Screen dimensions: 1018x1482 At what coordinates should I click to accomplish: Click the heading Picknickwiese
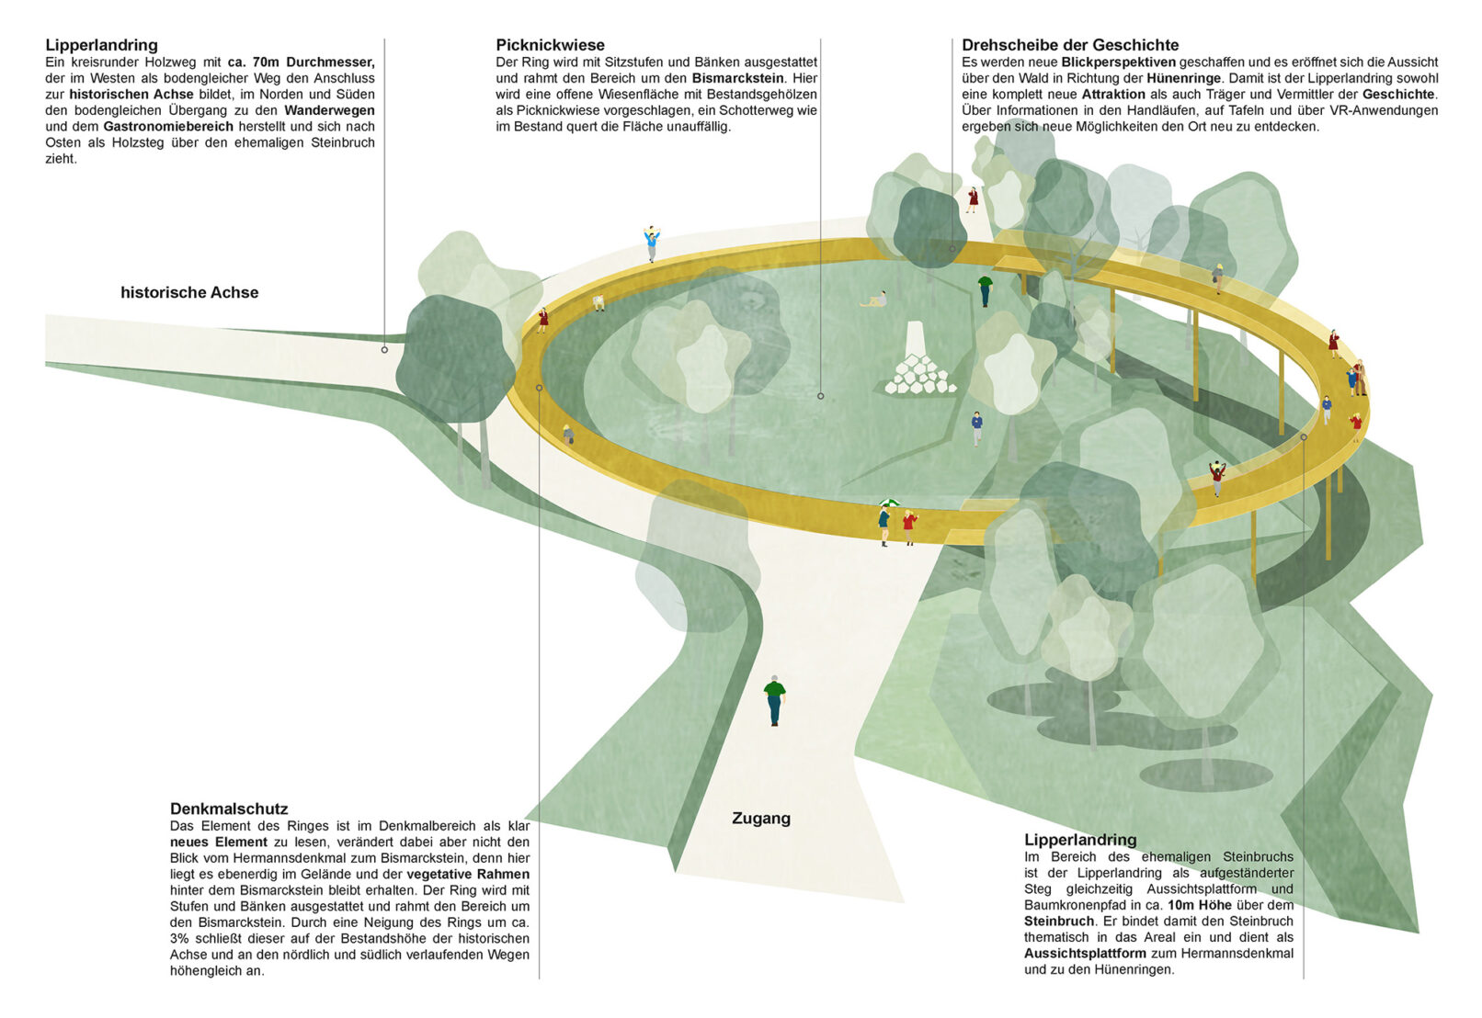550,45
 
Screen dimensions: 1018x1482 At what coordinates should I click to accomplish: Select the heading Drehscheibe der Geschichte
1070,45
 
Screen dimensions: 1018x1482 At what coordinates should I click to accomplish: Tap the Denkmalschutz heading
229,809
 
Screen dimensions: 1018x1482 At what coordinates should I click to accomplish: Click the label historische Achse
189,293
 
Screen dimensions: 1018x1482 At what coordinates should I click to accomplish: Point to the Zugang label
760,819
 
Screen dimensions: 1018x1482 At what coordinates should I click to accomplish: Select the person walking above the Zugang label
774,701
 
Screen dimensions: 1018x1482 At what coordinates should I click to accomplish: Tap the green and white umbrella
889,503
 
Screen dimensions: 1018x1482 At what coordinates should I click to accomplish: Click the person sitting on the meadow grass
874,300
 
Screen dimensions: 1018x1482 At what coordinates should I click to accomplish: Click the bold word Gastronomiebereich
168,127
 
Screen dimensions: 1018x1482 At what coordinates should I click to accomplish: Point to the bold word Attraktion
1113,95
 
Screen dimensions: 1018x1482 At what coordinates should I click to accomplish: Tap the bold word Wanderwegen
329,110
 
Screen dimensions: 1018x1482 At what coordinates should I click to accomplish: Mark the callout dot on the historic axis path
384,350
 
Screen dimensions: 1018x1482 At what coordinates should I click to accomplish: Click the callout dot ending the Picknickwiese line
820,397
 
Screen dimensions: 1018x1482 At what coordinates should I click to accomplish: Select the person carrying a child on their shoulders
652,243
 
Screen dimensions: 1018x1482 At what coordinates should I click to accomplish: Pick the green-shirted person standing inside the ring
985,289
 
